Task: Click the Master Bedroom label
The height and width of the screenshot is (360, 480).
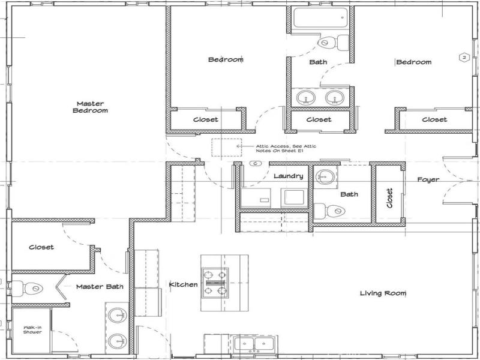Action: pyautogui.click(x=90, y=107)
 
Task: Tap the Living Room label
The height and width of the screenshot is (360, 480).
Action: pyautogui.click(x=383, y=293)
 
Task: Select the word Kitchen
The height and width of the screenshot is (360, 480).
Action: pyautogui.click(x=183, y=284)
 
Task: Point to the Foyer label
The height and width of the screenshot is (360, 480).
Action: pyautogui.click(x=428, y=179)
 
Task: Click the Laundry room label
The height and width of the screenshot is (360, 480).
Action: pyautogui.click(x=288, y=176)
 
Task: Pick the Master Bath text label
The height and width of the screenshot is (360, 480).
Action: pyautogui.click(x=100, y=287)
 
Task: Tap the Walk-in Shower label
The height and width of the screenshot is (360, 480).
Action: pyautogui.click(x=32, y=329)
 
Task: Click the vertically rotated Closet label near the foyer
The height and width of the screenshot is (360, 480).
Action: pyautogui.click(x=389, y=197)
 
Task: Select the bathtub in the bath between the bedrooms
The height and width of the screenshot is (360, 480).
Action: pyautogui.click(x=320, y=17)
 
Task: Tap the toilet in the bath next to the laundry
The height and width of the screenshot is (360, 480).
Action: pyautogui.click(x=329, y=211)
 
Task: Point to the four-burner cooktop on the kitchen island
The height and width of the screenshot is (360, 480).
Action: pyautogui.click(x=214, y=282)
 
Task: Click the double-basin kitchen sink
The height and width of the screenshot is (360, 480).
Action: pyautogui.click(x=255, y=344)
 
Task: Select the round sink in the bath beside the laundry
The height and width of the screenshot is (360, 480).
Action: pyautogui.click(x=326, y=176)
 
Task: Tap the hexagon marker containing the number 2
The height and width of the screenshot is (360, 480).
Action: pyautogui.click(x=463, y=58)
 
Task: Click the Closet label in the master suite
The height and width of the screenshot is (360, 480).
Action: pyautogui.click(x=41, y=247)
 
